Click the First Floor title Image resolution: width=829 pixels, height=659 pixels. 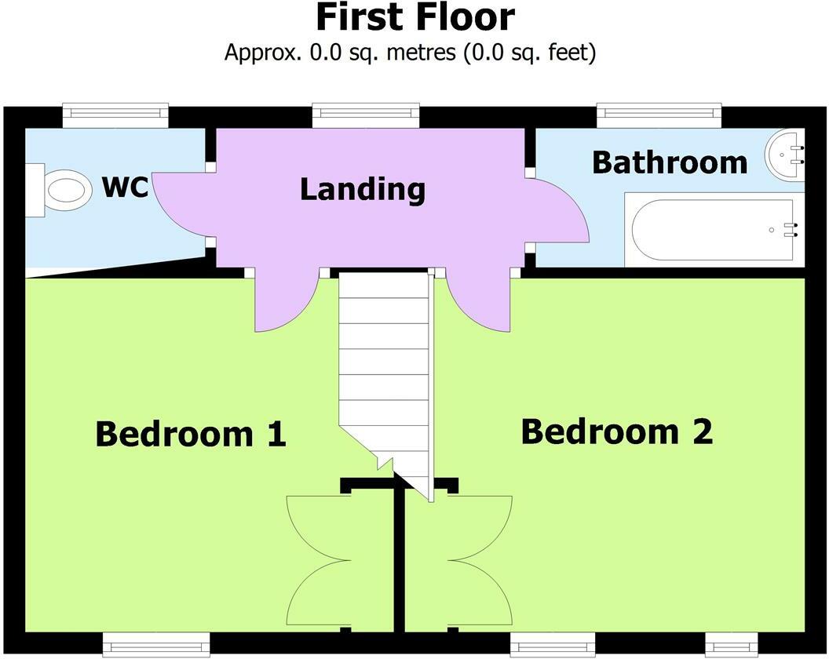click(415, 17)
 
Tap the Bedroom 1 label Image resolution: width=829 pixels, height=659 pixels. click(191, 434)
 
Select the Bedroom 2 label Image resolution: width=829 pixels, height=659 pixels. click(617, 431)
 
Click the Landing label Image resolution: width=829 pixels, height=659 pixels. click(363, 189)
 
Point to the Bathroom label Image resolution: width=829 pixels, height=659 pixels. click(670, 162)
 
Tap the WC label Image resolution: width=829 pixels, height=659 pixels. click(126, 187)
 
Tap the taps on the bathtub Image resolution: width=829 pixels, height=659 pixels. click(791, 230)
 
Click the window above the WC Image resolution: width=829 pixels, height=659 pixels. click(115, 115)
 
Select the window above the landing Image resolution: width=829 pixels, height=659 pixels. click(366, 115)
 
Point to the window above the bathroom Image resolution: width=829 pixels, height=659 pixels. click(659, 115)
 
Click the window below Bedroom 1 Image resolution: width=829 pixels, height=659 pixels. click(156, 645)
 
